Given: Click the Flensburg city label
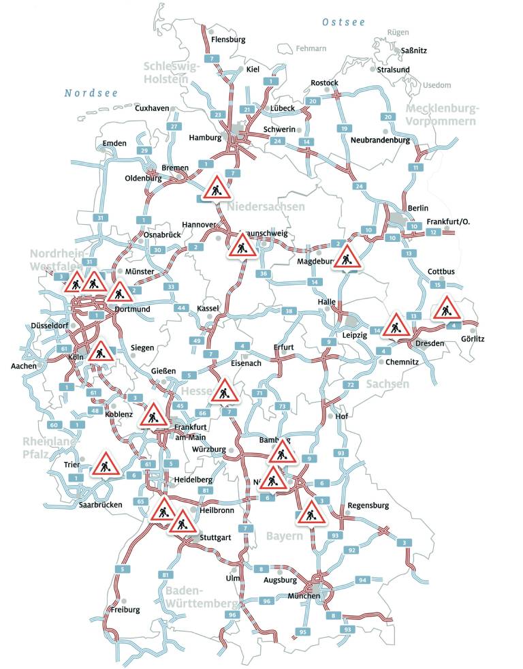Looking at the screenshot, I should (228, 40).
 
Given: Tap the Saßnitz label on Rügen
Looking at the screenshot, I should (415, 50).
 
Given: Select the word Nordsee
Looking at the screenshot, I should (91, 93).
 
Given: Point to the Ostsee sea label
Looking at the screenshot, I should (345, 22).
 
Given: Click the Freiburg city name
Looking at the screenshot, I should (125, 610).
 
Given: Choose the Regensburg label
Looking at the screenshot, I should (368, 505).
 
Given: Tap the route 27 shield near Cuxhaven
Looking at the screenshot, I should (174, 127).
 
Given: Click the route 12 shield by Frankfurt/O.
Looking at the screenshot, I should (432, 232).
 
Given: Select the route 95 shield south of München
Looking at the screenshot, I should (303, 632).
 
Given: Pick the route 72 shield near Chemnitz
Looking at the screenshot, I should (350, 385).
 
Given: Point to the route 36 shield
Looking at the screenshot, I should (264, 274).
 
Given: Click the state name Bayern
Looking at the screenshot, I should (285, 536).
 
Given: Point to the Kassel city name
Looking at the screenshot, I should (208, 309).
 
